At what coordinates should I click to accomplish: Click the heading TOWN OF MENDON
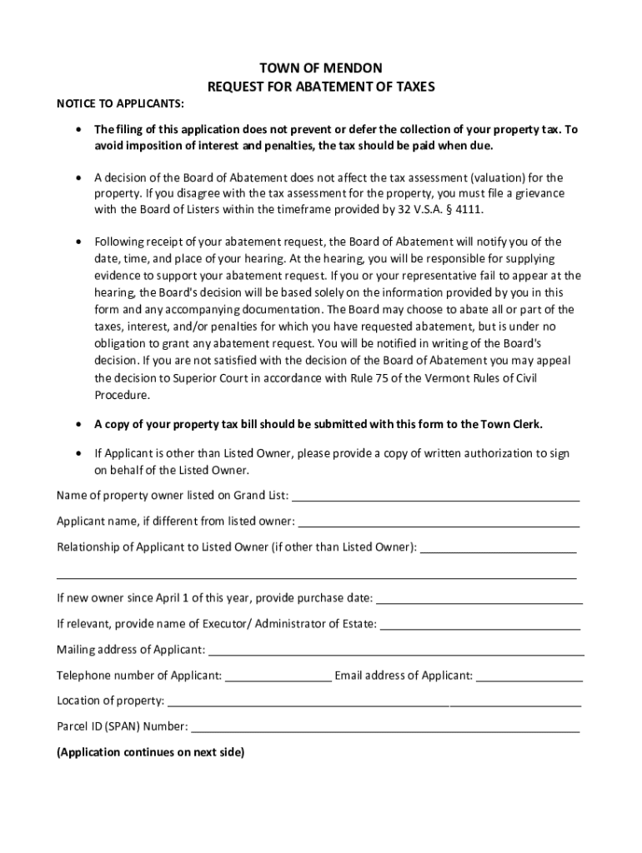(321, 68)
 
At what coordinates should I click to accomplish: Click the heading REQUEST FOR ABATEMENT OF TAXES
(321, 86)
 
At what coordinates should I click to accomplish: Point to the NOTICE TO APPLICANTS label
(121, 103)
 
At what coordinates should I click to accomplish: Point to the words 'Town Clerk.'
(511, 424)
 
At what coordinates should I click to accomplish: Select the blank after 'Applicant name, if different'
(439, 522)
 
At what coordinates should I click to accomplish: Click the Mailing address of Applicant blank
(395, 651)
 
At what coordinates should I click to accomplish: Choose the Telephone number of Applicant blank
(278, 676)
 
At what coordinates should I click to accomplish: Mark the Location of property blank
(374, 701)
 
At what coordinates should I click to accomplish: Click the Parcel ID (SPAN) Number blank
(385, 727)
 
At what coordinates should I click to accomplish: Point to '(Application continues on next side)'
(151, 752)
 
